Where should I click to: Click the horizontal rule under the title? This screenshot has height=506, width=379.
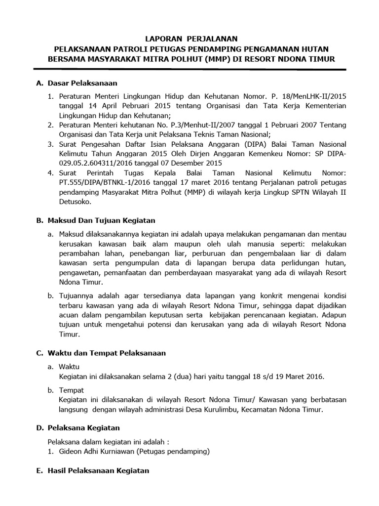pos(189,70)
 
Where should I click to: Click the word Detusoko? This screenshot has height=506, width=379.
pos(74,202)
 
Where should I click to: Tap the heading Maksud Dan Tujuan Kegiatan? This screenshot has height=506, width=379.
pos(101,220)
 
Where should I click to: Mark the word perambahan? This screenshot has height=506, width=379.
pos(77,253)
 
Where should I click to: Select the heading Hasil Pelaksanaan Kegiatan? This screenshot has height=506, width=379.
pos(98,470)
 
